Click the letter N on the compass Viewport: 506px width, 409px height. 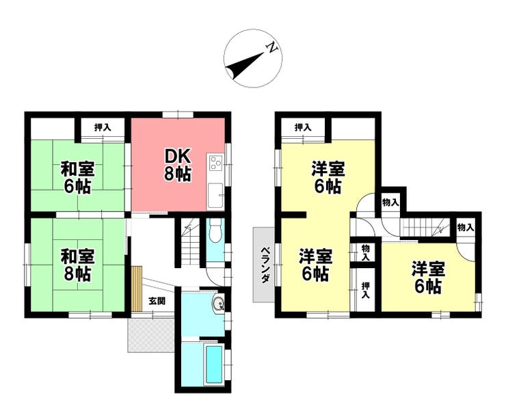click(x=271, y=48)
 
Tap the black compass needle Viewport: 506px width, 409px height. click(x=245, y=66)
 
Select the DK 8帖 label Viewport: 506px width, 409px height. click(x=177, y=166)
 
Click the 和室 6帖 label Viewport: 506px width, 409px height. click(x=77, y=178)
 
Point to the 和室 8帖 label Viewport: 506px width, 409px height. click(x=77, y=265)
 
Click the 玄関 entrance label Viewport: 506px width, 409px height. click(x=157, y=301)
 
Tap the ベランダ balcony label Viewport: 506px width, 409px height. click(x=265, y=265)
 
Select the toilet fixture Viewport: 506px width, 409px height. click(x=215, y=230)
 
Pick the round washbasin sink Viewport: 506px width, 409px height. click(x=218, y=304)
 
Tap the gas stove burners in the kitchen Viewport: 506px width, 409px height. click(x=215, y=163)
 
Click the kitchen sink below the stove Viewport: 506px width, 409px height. click(x=215, y=196)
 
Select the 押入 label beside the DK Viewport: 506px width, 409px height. click(x=103, y=127)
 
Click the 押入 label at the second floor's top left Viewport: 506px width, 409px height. click(x=303, y=127)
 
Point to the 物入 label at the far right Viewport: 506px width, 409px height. click(x=466, y=227)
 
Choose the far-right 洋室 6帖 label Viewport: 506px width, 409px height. click(x=428, y=278)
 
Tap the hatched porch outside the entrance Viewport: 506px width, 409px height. click(x=151, y=335)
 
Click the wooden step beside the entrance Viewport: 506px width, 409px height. click(x=137, y=289)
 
